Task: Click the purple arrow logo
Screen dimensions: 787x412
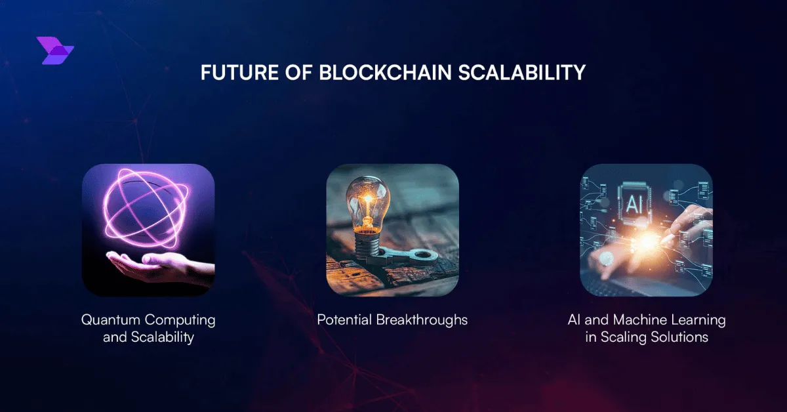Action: (x=55, y=51)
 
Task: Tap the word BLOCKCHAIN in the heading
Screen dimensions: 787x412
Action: (x=385, y=72)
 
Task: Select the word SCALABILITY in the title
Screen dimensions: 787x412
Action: (x=522, y=72)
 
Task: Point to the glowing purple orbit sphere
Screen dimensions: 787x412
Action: (x=146, y=207)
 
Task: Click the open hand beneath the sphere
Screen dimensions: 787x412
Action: (x=160, y=266)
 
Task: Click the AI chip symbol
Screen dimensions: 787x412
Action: (x=635, y=203)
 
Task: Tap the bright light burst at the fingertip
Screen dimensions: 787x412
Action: (x=647, y=241)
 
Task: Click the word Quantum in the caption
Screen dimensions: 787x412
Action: (x=111, y=320)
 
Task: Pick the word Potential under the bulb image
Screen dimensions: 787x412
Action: (x=344, y=320)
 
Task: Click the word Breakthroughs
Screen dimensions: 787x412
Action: (x=422, y=321)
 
